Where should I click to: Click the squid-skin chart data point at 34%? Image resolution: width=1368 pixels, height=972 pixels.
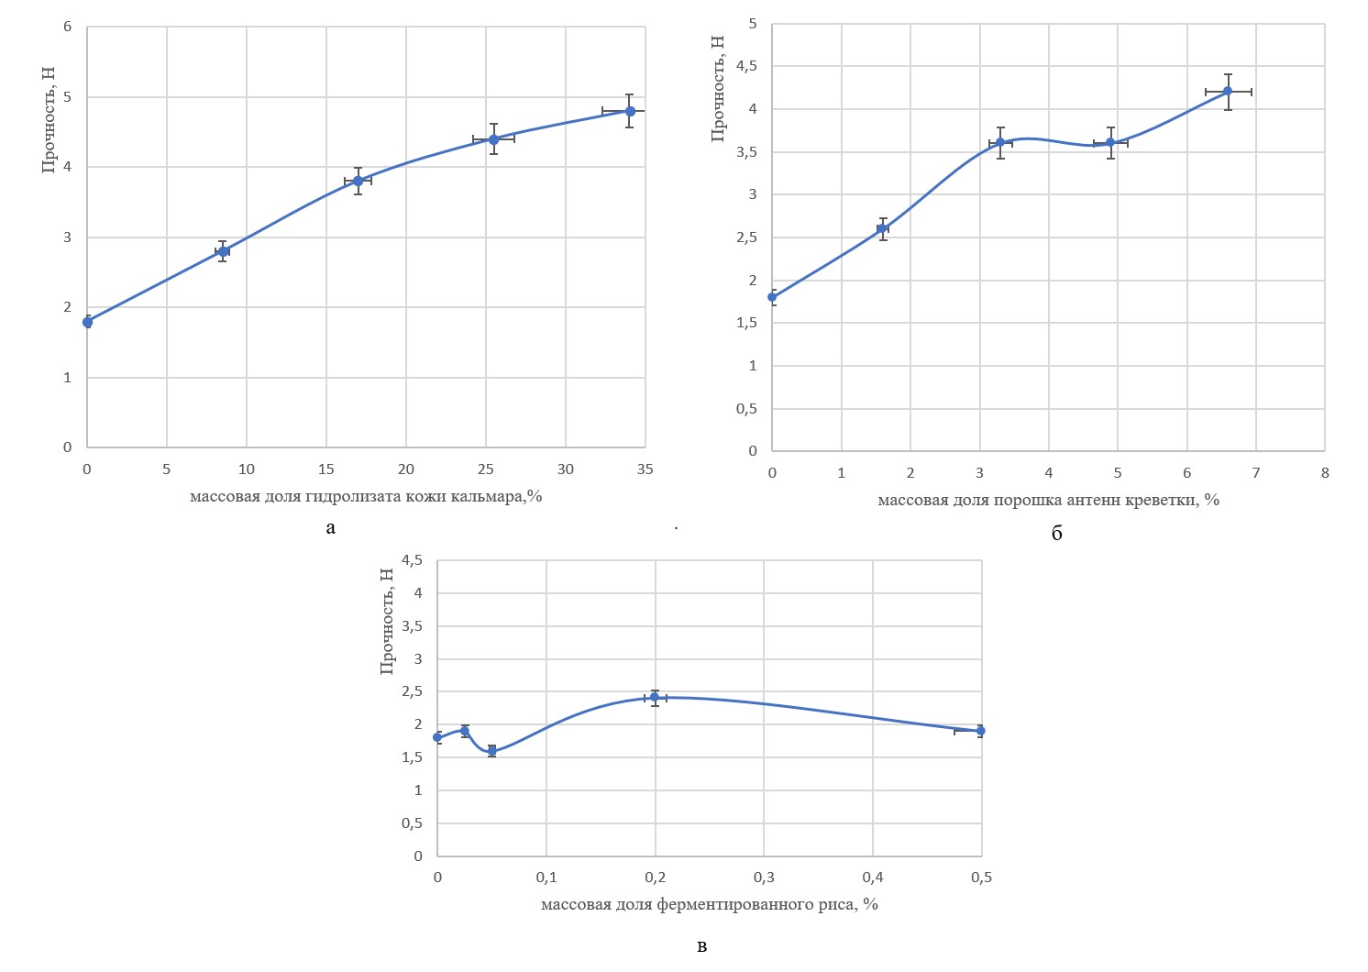(x=630, y=111)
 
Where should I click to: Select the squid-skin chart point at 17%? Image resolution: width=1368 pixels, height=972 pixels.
(x=358, y=182)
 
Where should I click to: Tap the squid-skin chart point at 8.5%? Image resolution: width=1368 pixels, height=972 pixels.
(x=223, y=251)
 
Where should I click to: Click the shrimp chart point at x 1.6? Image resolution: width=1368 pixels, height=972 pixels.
(x=883, y=228)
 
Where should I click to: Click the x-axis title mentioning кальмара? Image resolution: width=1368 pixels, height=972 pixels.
(x=366, y=496)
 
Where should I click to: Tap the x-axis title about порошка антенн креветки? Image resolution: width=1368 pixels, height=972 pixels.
(x=1048, y=500)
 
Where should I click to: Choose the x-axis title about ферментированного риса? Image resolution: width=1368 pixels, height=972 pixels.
(x=709, y=904)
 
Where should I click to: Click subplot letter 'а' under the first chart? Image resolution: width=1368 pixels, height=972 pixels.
(x=330, y=527)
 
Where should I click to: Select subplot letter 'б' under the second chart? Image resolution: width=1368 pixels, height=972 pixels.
(x=1056, y=534)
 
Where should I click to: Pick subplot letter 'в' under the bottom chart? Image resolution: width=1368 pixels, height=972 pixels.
(x=701, y=946)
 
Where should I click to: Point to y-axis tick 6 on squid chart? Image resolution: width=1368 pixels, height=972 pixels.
(x=68, y=27)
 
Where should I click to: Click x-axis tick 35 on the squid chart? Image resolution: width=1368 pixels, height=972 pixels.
(x=645, y=469)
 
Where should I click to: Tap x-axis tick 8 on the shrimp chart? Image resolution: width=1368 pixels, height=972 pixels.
(x=1325, y=473)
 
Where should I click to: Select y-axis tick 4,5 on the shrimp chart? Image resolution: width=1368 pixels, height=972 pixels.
(x=747, y=66)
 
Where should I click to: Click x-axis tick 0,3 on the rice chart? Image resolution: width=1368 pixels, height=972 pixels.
(x=764, y=878)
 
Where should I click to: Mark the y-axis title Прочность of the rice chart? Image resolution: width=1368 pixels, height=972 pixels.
(x=387, y=621)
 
